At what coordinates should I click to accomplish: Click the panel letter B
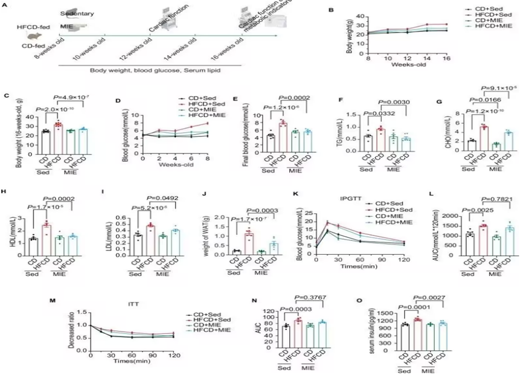coord(330,10)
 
